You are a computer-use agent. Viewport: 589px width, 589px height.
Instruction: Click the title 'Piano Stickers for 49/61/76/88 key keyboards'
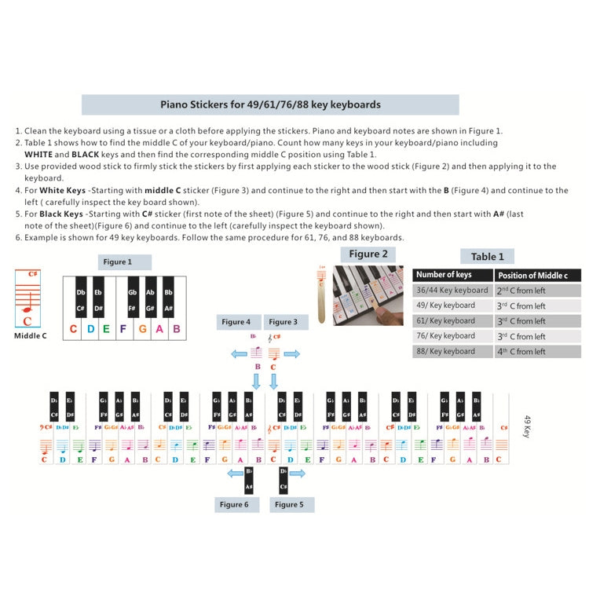[x=270, y=104]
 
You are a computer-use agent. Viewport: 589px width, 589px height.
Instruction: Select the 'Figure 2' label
[x=368, y=254]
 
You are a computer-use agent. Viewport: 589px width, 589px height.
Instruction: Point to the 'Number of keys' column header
[x=444, y=275]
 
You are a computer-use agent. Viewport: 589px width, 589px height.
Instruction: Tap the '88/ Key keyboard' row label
[x=445, y=352]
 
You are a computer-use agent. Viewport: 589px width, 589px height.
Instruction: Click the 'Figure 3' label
[x=282, y=322]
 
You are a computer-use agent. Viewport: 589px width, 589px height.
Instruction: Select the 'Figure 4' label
[x=236, y=322]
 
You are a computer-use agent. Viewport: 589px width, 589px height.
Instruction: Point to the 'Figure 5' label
[x=289, y=504]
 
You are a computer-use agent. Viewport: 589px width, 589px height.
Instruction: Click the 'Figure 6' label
[x=234, y=504]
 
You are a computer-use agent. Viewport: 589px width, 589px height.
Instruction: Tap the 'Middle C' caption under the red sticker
[x=31, y=336]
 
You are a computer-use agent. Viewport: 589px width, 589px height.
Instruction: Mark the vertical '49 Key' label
[x=528, y=427]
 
